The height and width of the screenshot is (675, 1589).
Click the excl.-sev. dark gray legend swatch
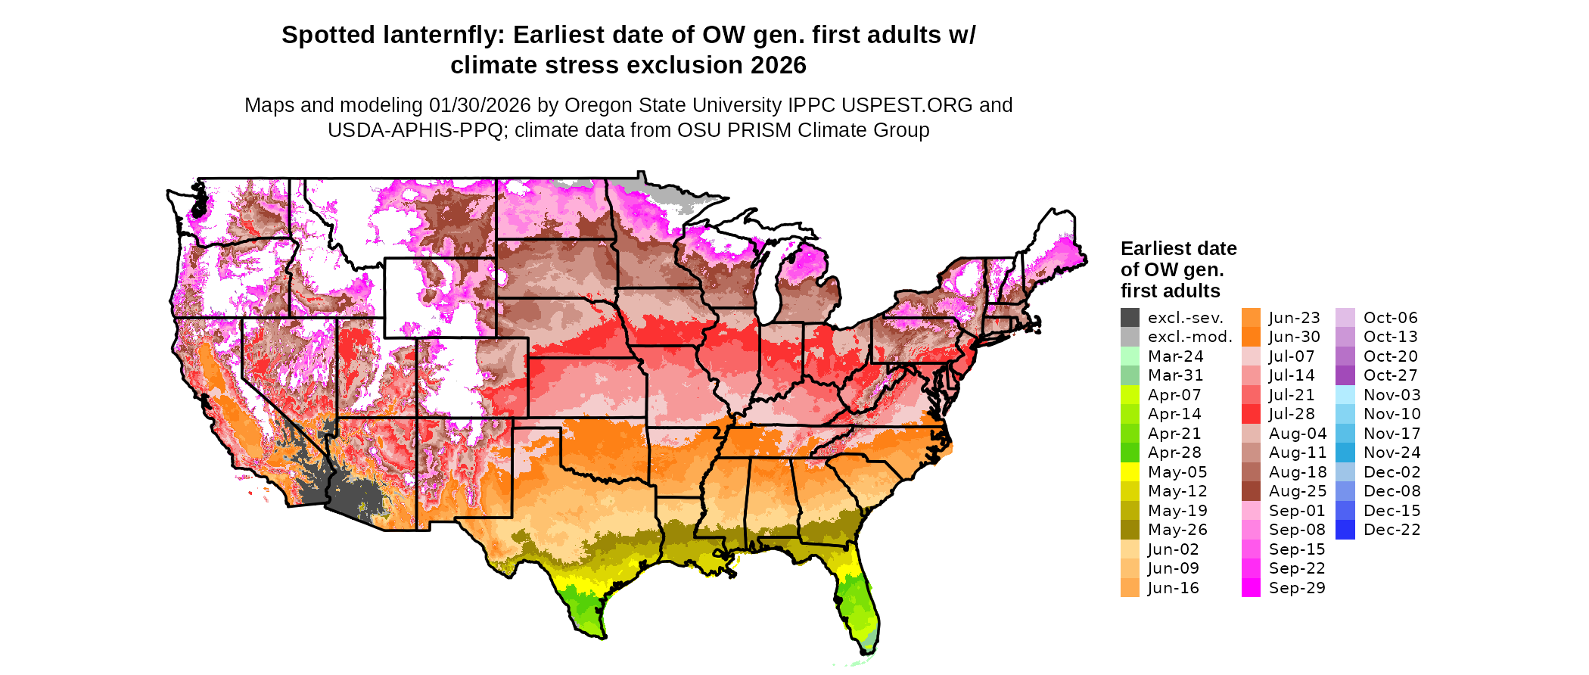(x=1130, y=318)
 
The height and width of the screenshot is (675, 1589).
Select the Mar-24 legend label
(x=1175, y=356)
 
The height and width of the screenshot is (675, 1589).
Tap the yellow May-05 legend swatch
(x=1130, y=472)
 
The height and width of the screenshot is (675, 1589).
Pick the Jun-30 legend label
(x=1294, y=337)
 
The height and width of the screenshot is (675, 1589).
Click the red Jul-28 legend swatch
(x=1251, y=414)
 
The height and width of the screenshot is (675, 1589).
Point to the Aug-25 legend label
(x=1298, y=491)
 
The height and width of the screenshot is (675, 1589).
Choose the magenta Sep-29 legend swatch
(x=1251, y=588)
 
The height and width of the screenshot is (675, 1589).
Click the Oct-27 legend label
(x=1390, y=375)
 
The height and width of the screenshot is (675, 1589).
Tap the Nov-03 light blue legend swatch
(x=1345, y=395)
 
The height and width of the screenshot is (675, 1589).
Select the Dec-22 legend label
(x=1392, y=530)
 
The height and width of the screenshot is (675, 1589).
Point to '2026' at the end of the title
(x=779, y=66)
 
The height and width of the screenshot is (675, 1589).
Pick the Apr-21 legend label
(x=1174, y=434)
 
